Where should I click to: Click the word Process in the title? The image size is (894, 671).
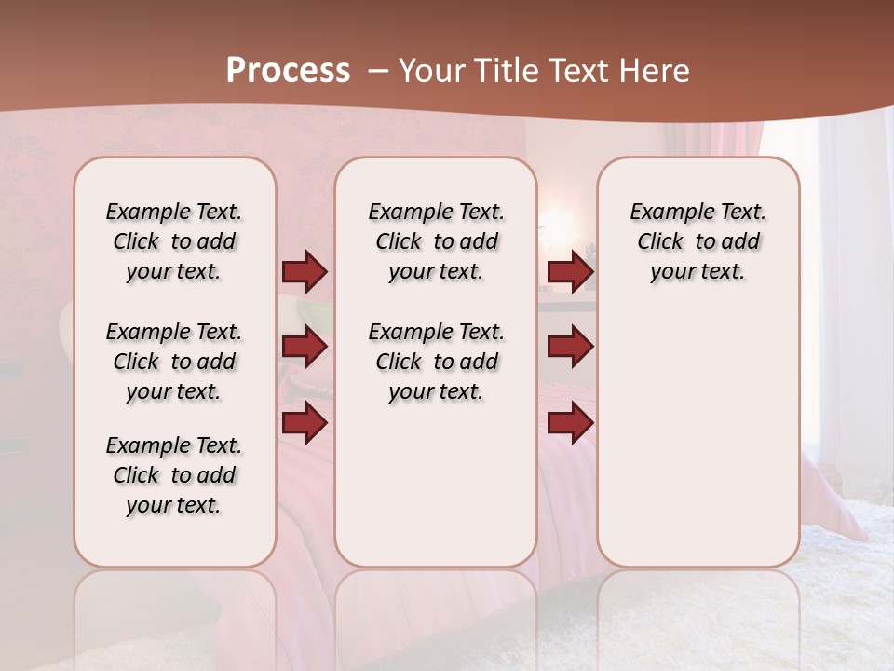tap(288, 71)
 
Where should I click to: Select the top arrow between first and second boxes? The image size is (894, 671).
tap(305, 272)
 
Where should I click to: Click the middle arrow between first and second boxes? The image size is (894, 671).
tap(305, 348)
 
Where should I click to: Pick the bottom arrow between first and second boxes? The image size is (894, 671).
tap(305, 422)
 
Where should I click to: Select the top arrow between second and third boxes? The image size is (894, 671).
tap(570, 272)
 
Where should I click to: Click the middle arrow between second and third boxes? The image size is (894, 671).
tap(570, 348)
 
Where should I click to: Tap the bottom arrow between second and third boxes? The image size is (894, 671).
tap(570, 422)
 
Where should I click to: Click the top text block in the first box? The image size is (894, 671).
tap(174, 241)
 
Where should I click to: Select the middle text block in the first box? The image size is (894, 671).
tap(174, 362)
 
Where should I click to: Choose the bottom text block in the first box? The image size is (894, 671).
tap(174, 475)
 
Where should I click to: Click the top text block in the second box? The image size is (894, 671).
tap(436, 241)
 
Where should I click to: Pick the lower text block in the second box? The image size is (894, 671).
tap(436, 362)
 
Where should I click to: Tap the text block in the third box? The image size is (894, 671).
tap(698, 241)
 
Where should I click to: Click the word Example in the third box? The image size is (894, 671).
tap(664, 212)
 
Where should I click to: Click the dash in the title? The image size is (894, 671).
tap(377, 71)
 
